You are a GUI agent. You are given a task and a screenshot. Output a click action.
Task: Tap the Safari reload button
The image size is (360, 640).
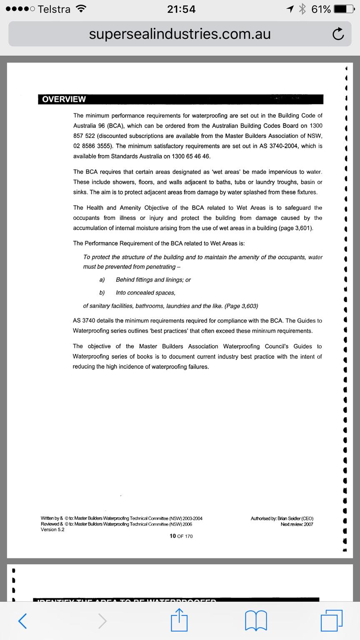coord(338,34)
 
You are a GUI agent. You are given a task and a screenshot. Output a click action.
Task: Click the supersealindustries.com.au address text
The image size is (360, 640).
coord(180,34)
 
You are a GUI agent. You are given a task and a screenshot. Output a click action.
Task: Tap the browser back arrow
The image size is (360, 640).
coord(23,620)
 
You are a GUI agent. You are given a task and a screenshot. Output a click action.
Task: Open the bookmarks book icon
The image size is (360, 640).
coord(257,620)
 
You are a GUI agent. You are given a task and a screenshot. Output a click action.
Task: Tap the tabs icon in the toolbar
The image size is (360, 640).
coord(332,620)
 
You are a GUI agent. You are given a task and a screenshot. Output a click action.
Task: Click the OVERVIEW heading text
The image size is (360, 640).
coord(64,99)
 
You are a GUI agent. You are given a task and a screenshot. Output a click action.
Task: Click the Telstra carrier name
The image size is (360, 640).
coord(54,9)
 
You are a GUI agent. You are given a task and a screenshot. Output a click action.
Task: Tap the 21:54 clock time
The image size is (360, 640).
coord(181,9)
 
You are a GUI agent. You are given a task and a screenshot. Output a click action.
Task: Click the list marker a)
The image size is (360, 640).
coord(102,280)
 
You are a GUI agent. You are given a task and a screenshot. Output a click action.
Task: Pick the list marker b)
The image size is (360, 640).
coord(102,293)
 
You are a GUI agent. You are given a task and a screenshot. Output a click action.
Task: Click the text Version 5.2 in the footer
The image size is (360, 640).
coord(52,530)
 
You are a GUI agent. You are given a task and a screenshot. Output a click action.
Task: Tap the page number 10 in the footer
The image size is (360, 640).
coord(172,536)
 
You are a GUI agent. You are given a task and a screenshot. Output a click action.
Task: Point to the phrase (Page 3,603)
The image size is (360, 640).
coord(241,306)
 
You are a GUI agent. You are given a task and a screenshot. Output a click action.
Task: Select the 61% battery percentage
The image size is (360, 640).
coord(321,9)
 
